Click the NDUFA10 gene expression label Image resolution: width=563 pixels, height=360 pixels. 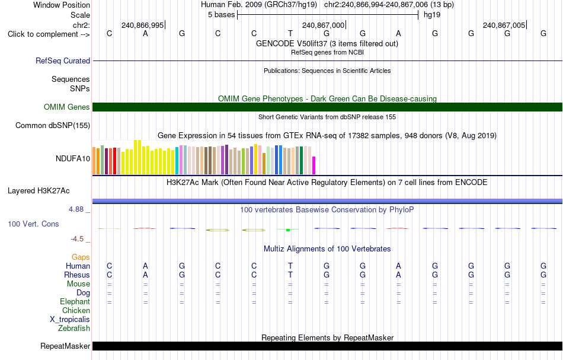[73, 158]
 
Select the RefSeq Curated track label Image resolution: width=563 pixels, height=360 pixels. [63, 60]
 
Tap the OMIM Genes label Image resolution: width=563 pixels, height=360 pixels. [67, 107]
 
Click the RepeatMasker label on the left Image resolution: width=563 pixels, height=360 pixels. [65, 346]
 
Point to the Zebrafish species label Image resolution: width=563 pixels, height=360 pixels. [74, 328]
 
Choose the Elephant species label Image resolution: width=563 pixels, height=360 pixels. [75, 301]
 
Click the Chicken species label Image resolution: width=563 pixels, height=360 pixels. [76, 310]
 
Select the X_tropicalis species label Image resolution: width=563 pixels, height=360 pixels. [70, 320]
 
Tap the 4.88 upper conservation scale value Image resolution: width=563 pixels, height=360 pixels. [76, 209]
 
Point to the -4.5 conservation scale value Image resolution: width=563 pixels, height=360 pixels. [77, 239]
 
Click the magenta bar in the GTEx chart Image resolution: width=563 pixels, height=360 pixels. [314, 165]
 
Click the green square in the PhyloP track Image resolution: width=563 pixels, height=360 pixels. [288, 230]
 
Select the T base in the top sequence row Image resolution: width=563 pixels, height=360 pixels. [290, 33]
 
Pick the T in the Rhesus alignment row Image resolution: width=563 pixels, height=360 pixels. [290, 275]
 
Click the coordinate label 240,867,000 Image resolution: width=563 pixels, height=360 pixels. [323, 25]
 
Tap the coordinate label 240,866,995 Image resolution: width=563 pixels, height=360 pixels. [143, 25]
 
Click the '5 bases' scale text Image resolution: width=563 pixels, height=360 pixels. [221, 15]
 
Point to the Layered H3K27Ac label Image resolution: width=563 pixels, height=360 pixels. [39, 191]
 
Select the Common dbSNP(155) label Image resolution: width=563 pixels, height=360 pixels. [53, 125]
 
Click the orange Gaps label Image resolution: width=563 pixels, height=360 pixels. [81, 257]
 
